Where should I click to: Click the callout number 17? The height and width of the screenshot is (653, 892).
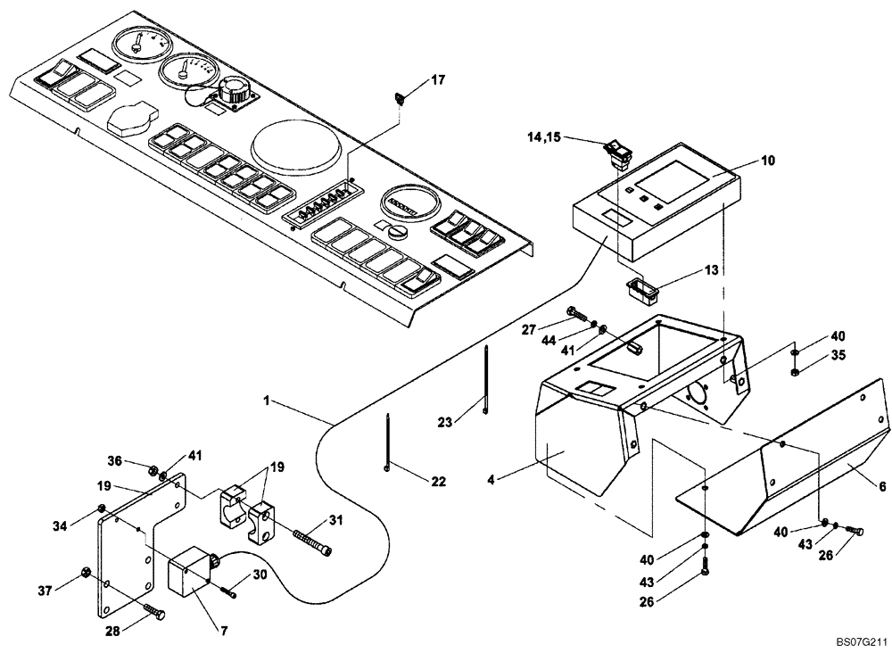click(437, 80)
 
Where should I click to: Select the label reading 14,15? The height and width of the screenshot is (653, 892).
click(546, 138)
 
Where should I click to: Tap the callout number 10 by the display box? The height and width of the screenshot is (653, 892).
click(768, 161)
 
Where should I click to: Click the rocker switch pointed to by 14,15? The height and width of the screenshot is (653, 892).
click(616, 153)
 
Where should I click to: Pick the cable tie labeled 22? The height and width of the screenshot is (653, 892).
click(390, 442)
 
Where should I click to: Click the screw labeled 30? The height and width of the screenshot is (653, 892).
click(230, 591)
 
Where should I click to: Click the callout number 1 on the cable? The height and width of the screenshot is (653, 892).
click(268, 402)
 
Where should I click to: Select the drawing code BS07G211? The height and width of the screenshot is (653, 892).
click(862, 641)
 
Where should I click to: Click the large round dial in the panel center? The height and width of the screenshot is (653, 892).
click(296, 146)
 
